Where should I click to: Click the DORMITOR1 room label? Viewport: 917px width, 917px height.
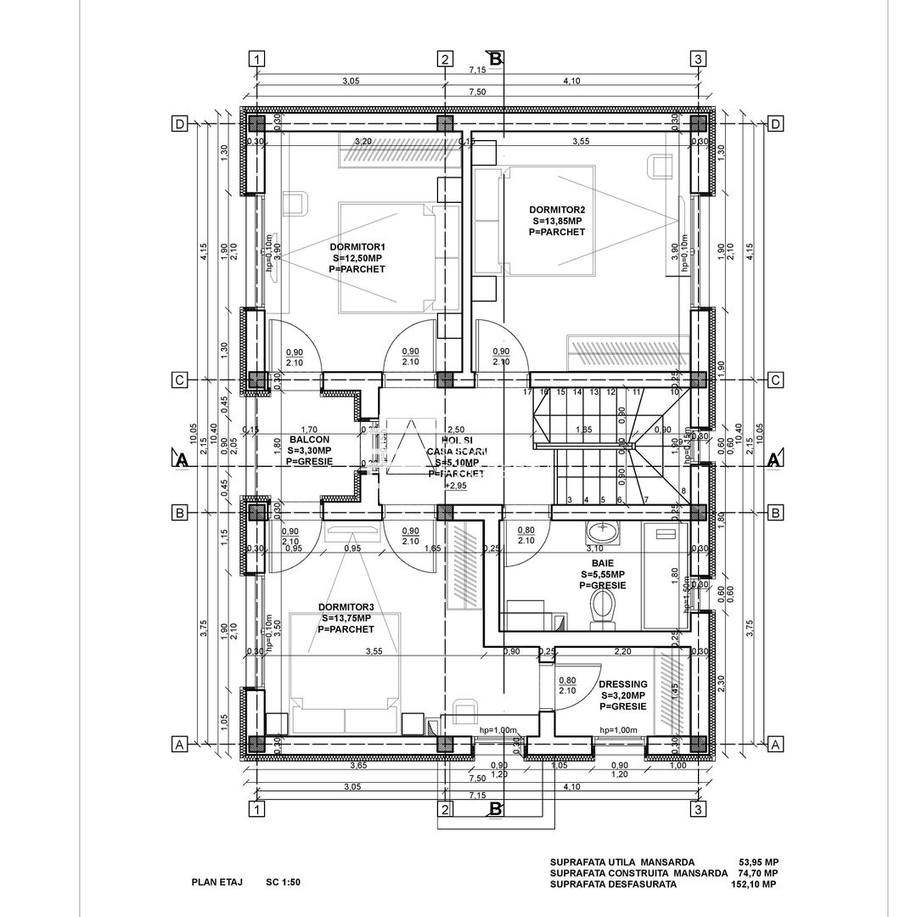[x=357, y=247]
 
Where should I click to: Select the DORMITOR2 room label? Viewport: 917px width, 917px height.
[x=557, y=209]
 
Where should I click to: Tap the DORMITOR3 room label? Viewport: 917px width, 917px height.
[x=346, y=607]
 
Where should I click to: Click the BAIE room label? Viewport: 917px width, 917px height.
[x=603, y=563]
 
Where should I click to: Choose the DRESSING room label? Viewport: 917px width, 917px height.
[x=622, y=684]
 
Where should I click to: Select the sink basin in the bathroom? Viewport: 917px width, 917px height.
[x=604, y=534]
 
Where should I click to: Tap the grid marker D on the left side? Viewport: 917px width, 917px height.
[x=180, y=124]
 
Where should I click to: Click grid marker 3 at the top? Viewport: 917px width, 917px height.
[x=697, y=59]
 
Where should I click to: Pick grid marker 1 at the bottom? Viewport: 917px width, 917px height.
[x=256, y=809]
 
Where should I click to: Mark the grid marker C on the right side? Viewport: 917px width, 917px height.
[x=774, y=380]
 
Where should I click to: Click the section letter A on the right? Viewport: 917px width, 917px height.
[x=774, y=460]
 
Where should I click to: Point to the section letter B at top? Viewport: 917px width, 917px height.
[x=496, y=58]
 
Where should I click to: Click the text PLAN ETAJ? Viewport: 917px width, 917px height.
[x=217, y=882]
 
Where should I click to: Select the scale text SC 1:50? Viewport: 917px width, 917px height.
[x=283, y=882]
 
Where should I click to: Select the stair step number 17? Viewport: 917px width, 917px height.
[x=527, y=392]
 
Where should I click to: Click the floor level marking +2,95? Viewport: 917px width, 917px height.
[x=456, y=486]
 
